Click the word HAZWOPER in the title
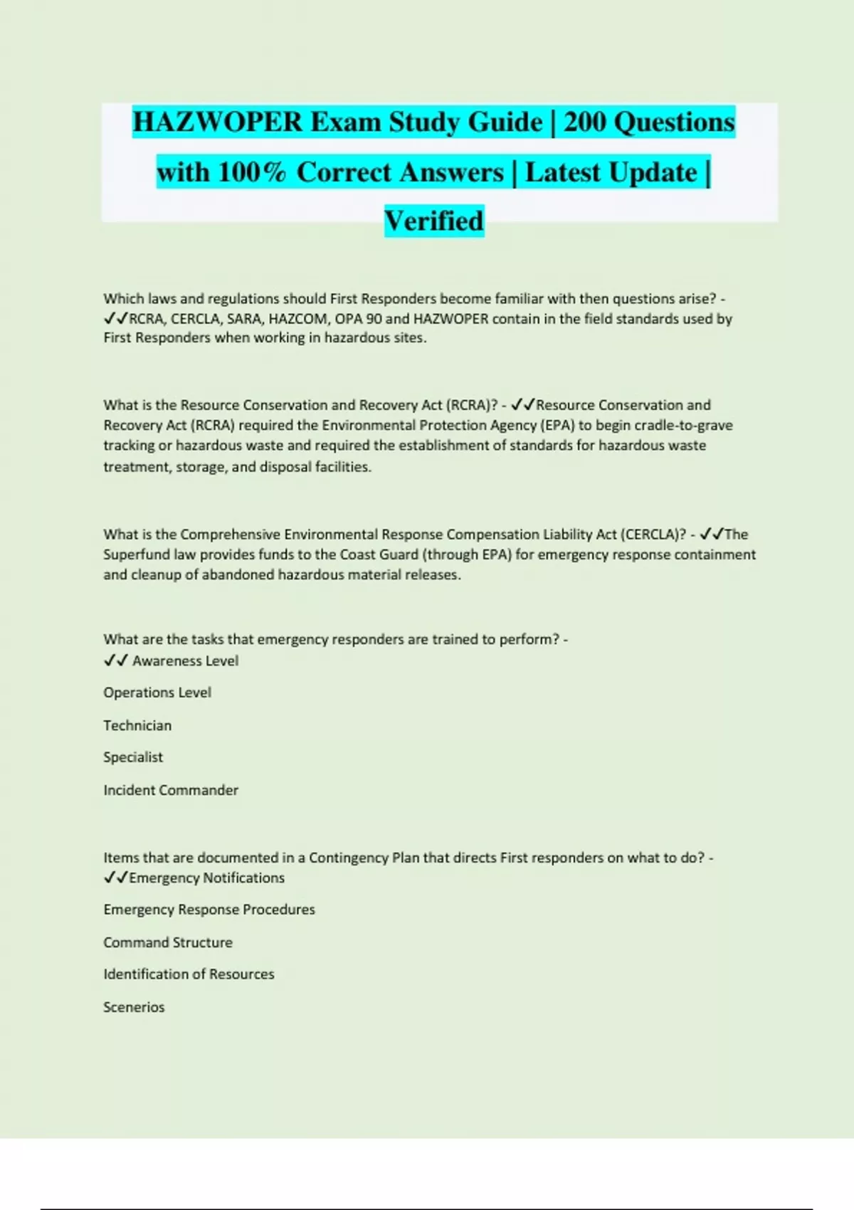tap(217, 122)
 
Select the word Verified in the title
tap(434, 221)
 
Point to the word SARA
tap(244, 319)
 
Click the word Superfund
tap(137, 554)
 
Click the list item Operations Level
tap(157, 693)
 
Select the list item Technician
tap(137, 725)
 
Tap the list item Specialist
tap(133, 757)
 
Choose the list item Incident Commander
tap(171, 790)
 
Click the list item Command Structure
tap(168, 942)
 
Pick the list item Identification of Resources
tap(189, 974)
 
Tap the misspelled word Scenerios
tap(134, 1007)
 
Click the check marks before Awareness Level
tap(115, 661)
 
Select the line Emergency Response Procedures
tap(209, 910)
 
